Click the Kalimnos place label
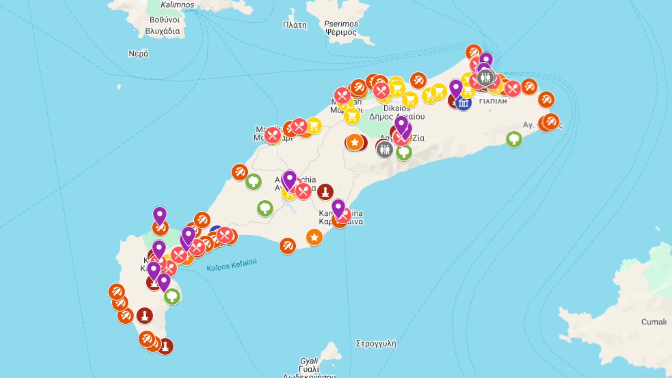tap(177, 5)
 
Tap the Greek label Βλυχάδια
tap(162, 31)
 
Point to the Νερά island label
tap(138, 54)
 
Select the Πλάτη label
tap(295, 25)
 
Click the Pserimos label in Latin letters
tap(341, 24)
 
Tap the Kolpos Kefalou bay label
tap(231, 265)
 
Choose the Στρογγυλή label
tap(376, 343)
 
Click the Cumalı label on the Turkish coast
tap(653, 322)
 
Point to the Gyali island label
tap(309, 360)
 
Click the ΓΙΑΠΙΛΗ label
tap(493, 101)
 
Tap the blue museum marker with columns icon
tap(463, 103)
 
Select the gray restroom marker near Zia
tap(385, 149)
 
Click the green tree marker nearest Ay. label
tap(514, 139)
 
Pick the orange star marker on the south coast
tap(314, 237)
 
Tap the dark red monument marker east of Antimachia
tap(325, 191)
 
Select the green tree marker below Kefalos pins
tap(172, 296)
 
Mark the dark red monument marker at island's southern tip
tap(166, 346)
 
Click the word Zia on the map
tap(418, 138)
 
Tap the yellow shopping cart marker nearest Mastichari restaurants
tap(314, 126)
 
